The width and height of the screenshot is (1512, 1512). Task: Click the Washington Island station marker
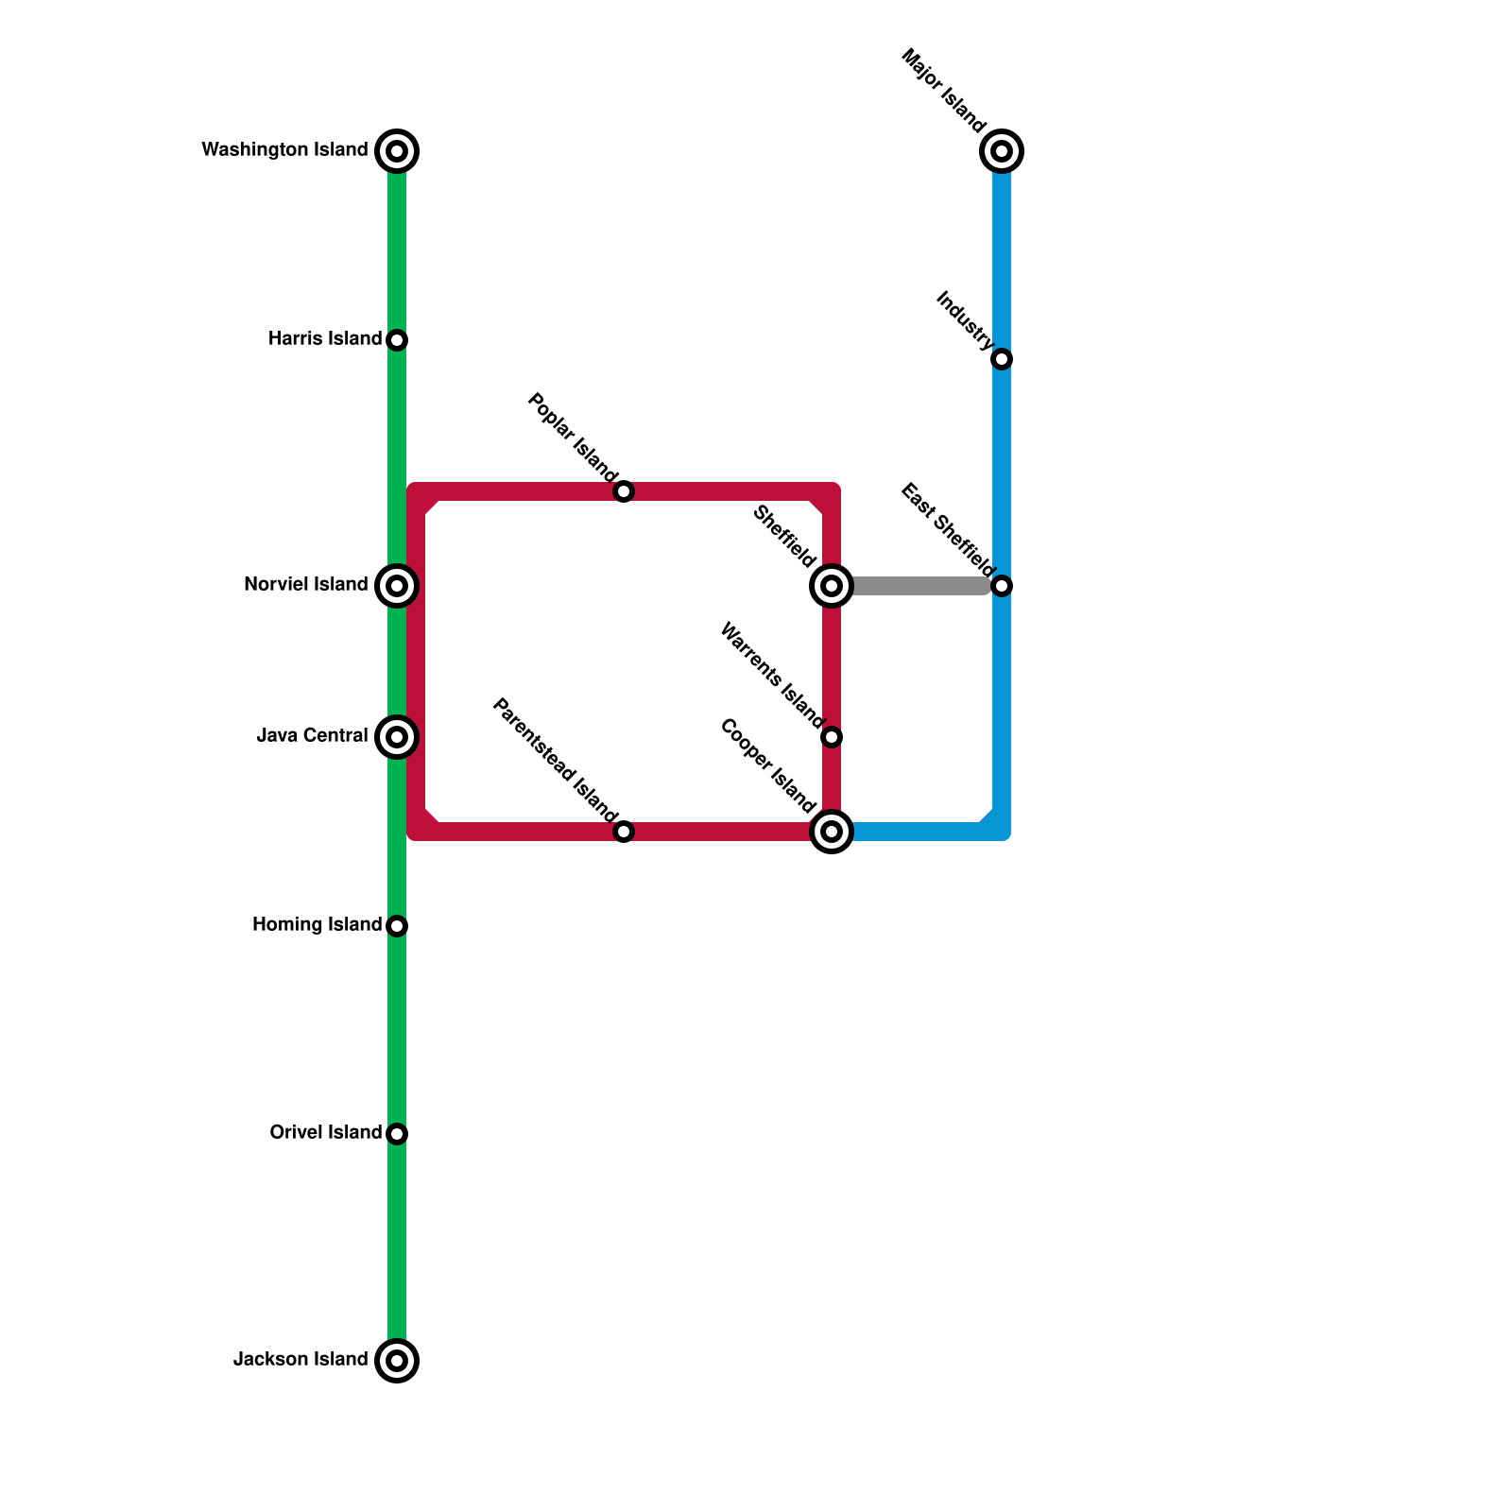[x=397, y=151]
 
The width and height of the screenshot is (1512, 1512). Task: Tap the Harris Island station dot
[x=397, y=340]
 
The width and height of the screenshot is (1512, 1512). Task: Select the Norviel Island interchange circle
[x=397, y=586]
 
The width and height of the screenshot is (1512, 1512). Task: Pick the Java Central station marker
[x=397, y=737]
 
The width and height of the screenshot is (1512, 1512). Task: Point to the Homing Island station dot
[x=397, y=926]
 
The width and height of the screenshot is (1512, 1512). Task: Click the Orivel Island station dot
[x=397, y=1134]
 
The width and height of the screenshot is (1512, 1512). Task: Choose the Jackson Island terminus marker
[x=397, y=1361]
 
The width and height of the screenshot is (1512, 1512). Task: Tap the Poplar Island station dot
[x=624, y=491]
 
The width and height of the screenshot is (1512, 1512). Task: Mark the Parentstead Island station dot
[x=624, y=832]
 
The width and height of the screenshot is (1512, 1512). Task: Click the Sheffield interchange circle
[x=832, y=586]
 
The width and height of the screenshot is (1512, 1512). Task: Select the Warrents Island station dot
[x=832, y=737]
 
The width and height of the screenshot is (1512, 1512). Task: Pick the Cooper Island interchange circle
[x=832, y=832]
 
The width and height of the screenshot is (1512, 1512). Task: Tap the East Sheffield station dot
[x=1002, y=586]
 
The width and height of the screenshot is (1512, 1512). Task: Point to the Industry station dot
[x=1002, y=359]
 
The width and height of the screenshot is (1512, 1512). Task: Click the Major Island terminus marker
[x=1002, y=151]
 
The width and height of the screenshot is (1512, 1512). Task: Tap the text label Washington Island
[x=284, y=150]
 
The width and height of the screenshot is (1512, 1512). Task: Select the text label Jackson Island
[x=301, y=1360]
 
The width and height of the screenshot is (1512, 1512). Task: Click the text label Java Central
[x=312, y=736]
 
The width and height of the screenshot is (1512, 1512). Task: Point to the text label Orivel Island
[x=326, y=1133]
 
